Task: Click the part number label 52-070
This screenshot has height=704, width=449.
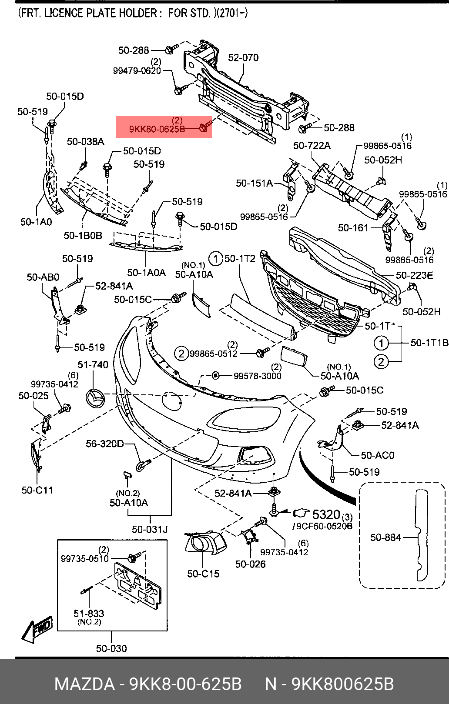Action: pyautogui.click(x=243, y=57)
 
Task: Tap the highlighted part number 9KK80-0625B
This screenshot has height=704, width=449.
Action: pyautogui.click(x=157, y=129)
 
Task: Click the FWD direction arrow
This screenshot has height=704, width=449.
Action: pyautogui.click(x=38, y=629)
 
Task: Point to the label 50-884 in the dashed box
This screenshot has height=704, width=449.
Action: pyautogui.click(x=385, y=537)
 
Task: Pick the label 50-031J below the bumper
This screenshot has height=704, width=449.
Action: pyautogui.click(x=150, y=529)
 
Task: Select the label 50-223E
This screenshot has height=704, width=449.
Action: pyautogui.click(x=414, y=275)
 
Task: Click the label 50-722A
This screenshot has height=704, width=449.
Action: pyautogui.click(x=312, y=146)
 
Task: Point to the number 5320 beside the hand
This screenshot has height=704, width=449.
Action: pyautogui.click(x=326, y=514)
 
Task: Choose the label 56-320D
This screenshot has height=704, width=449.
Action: pyautogui.click(x=104, y=444)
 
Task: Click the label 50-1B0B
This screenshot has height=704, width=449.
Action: pyautogui.click(x=83, y=235)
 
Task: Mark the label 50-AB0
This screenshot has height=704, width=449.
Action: pyautogui.click(x=43, y=277)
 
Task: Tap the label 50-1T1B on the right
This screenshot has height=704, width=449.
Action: pyautogui.click(x=429, y=343)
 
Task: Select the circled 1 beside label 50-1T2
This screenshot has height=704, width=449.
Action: pyautogui.click(x=215, y=259)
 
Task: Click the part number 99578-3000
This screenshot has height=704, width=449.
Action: pyautogui.click(x=257, y=376)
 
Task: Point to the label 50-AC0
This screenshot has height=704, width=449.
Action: pyautogui.click(x=377, y=455)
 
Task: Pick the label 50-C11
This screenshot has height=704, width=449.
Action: pyautogui.click(x=37, y=490)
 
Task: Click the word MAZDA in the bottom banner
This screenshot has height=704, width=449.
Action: pyautogui.click(x=84, y=684)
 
